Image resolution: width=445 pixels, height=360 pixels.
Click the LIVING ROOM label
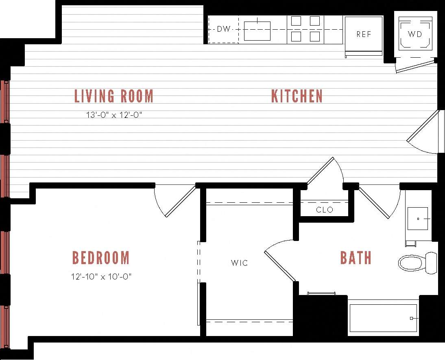(114, 96)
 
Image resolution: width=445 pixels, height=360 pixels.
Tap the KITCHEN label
(297, 96)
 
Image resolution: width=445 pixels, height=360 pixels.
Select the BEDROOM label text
(101, 258)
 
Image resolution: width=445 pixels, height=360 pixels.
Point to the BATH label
(356, 258)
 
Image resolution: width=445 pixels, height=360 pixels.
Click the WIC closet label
(239, 263)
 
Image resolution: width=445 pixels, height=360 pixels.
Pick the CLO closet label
(324, 210)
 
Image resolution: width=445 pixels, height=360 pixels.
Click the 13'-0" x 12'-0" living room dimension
(114, 115)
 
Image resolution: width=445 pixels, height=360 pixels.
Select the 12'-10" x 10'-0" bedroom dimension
(101, 277)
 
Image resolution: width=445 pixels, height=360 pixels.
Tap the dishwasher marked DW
(223, 29)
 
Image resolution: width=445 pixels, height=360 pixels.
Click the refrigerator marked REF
(364, 35)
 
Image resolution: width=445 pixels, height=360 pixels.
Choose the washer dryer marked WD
(415, 34)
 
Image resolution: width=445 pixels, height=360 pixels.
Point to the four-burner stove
(305, 29)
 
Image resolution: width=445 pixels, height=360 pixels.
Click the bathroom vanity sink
(418, 219)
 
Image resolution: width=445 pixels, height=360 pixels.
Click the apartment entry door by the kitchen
(423, 132)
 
